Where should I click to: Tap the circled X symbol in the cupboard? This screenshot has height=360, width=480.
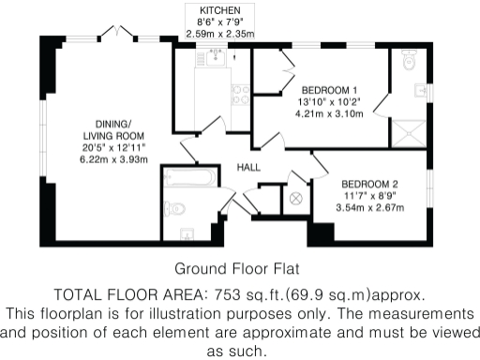click(x=297, y=198)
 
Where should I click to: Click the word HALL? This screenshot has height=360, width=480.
click(x=248, y=167)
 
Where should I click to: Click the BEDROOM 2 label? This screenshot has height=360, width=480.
click(x=369, y=184)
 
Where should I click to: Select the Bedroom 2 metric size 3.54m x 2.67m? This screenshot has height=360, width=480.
click(x=369, y=208)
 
